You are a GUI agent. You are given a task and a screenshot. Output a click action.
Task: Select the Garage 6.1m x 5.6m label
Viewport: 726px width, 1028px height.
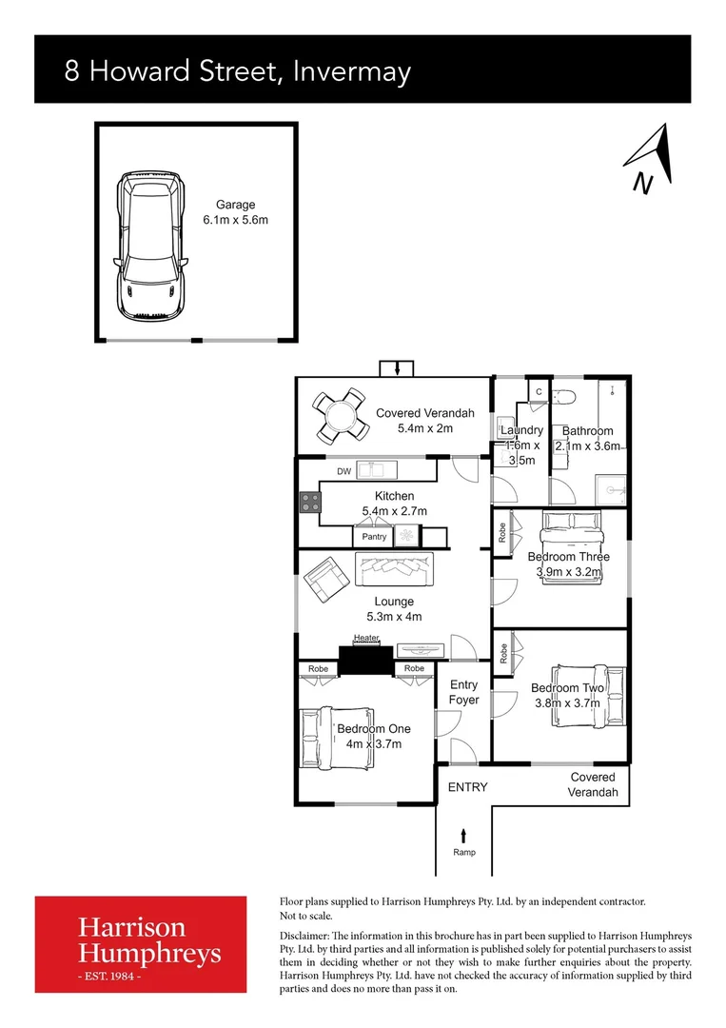(235, 212)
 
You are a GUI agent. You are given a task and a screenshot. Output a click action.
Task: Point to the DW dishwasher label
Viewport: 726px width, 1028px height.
(343, 471)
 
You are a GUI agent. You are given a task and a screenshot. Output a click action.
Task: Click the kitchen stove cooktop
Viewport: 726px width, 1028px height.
(309, 502)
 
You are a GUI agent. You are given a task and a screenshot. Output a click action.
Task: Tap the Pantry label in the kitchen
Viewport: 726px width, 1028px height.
(374, 537)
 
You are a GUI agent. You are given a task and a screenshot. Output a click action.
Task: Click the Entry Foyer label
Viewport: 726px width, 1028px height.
(464, 692)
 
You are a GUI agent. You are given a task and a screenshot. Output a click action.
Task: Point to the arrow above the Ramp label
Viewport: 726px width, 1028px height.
(463, 835)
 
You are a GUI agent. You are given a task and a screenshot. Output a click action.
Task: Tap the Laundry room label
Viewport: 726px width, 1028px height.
(520, 431)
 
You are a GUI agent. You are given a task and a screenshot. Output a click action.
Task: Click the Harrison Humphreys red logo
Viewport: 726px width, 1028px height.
(147, 944)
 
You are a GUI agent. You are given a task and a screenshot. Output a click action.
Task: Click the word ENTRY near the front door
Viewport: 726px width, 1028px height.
(467, 787)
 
